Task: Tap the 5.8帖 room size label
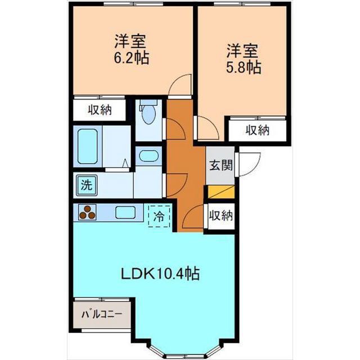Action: point(244,67)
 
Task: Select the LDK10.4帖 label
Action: point(160,274)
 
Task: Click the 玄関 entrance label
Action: point(221,165)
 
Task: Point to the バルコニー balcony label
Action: point(102,314)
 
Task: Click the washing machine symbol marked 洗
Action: point(87,184)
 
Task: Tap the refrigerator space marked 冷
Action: point(159,216)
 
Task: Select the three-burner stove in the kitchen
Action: point(87,213)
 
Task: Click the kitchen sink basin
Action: point(125,213)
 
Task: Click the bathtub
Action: point(88,146)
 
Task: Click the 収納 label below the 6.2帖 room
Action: point(100,110)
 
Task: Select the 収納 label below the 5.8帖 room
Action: point(258,130)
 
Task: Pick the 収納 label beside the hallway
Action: point(221,215)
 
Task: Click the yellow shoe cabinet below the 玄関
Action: point(221,192)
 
